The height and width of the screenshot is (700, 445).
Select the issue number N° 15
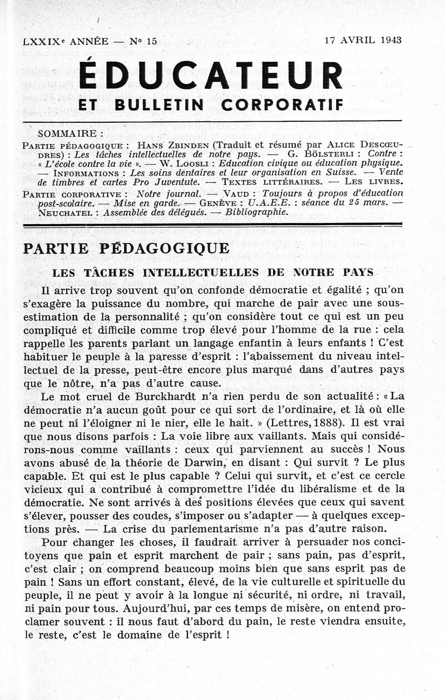tap(143, 41)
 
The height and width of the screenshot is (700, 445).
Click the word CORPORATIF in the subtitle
tap(282, 104)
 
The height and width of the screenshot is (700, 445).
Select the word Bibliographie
tap(260, 212)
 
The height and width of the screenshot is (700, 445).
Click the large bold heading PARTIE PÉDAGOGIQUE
tap(126, 249)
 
